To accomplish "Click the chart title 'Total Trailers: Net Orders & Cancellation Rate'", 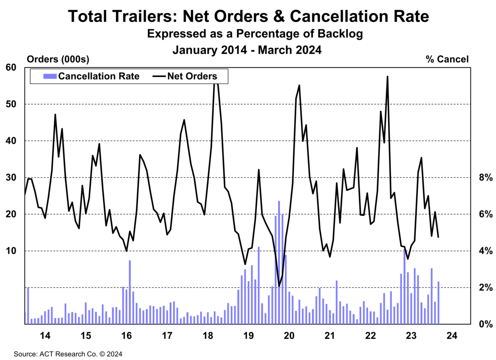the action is pyautogui.click(x=248, y=17).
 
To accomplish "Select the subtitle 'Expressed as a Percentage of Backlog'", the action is pyautogui.click(x=255, y=34).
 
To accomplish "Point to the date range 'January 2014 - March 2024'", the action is pyautogui.click(x=247, y=50).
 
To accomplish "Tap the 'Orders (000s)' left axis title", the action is pyautogui.click(x=58, y=60).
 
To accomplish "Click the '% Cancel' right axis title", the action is pyautogui.click(x=447, y=60).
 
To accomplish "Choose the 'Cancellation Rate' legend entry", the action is pyautogui.click(x=91, y=76).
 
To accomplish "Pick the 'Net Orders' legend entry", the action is pyautogui.click(x=185, y=76).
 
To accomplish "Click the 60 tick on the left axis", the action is pyautogui.click(x=11, y=67).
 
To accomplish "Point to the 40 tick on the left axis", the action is pyautogui.click(x=11, y=141).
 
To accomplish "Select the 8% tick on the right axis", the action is pyautogui.click(x=486, y=178).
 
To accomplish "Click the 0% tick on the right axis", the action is pyautogui.click(x=486, y=324).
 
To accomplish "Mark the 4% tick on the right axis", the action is pyautogui.click(x=486, y=251).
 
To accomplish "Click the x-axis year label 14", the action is pyautogui.click(x=45, y=336).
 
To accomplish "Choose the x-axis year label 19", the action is pyautogui.click(x=248, y=336).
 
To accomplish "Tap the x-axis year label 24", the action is pyautogui.click(x=452, y=336).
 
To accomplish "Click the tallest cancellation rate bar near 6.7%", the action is pyautogui.click(x=279, y=262).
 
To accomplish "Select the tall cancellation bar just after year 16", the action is pyautogui.click(x=130, y=292).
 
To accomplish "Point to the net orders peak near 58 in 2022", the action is pyautogui.click(x=388, y=76).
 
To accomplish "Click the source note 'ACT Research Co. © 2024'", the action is pyautogui.click(x=81, y=354).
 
